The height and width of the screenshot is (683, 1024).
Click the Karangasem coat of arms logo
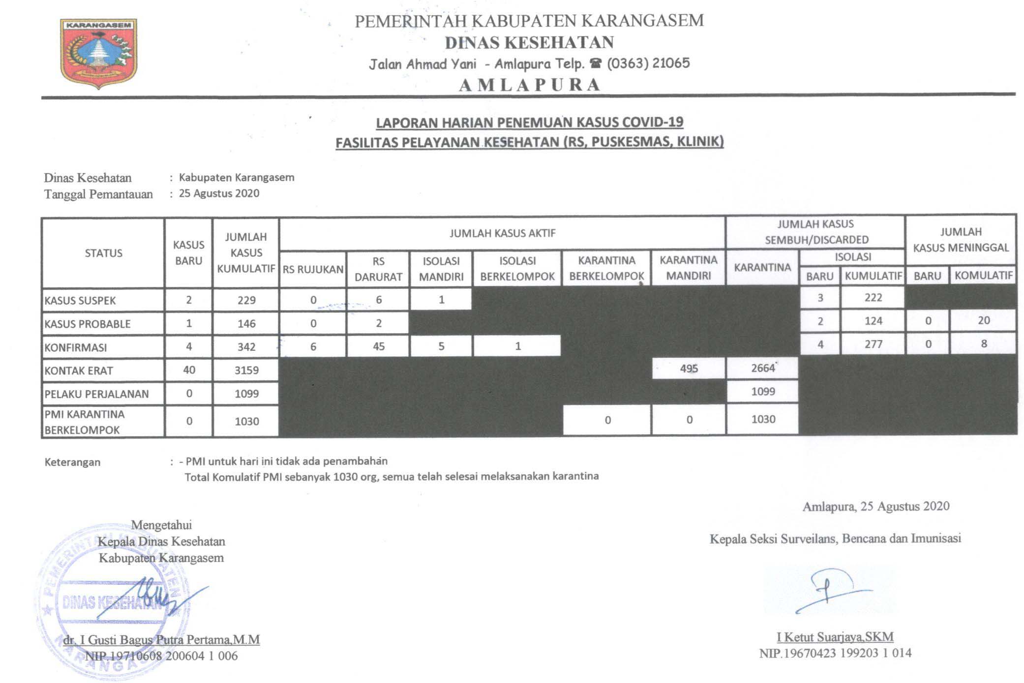tap(98, 53)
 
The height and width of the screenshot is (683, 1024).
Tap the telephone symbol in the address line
tap(596, 63)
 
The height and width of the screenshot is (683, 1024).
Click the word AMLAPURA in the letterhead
tap(530, 85)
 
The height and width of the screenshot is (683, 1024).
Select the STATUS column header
tap(103, 253)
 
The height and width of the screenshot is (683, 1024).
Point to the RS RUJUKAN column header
tap(313, 269)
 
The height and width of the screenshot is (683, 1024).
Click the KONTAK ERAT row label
tap(79, 370)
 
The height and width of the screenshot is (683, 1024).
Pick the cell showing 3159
tap(246, 370)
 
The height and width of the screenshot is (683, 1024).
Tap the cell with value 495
tap(689, 369)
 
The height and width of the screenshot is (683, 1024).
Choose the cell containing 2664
tap(762, 368)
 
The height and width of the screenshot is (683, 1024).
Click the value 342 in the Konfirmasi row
tap(246, 347)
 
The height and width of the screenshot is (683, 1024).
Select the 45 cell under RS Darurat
tap(378, 346)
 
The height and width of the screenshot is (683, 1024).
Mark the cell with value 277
tap(873, 344)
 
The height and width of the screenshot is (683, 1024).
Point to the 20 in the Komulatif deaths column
tap(983, 320)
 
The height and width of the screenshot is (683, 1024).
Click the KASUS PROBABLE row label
tap(88, 324)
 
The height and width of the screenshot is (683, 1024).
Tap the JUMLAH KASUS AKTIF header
tap(502, 233)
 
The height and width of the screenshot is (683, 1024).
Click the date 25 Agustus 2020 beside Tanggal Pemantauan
tap(219, 193)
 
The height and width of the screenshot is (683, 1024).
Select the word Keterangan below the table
tap(72, 462)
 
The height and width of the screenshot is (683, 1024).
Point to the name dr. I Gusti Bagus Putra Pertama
tap(161, 639)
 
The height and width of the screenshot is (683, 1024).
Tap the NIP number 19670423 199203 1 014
tap(835, 653)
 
